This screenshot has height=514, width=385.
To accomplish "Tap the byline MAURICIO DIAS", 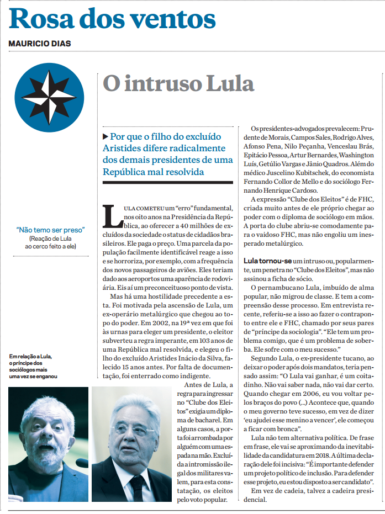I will pyautogui.click(x=39, y=44).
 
